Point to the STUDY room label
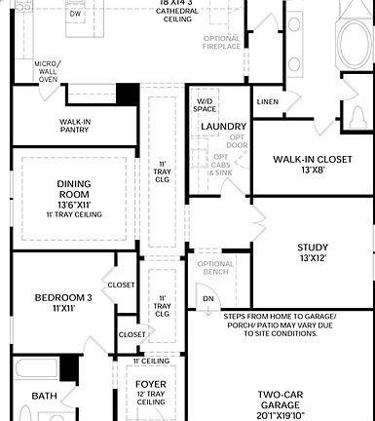312,248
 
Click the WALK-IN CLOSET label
312,159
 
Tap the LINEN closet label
267,101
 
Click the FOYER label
151,384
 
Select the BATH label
44,397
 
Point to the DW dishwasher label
75,15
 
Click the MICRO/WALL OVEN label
48,71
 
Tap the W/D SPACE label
205,105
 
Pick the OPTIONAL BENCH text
215,269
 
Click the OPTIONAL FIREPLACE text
221,42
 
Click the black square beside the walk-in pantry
127,94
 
